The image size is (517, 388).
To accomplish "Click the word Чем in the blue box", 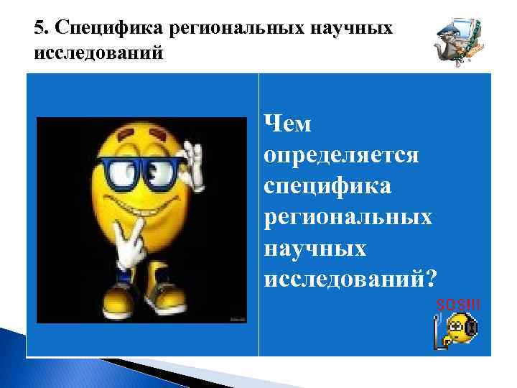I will click(288, 124).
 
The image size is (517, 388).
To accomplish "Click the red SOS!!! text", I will click(458, 305).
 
